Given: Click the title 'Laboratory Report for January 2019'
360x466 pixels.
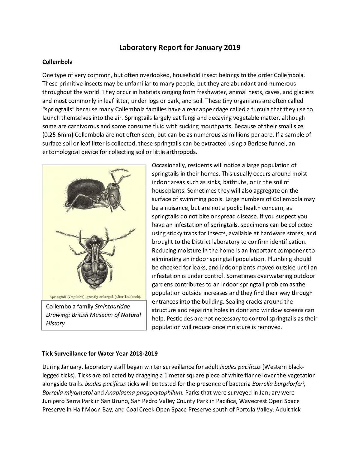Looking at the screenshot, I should point(180,47).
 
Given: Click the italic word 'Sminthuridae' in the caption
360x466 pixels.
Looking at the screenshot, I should point(112,307).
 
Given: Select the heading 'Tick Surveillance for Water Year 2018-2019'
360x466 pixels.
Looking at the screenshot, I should point(100,353).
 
